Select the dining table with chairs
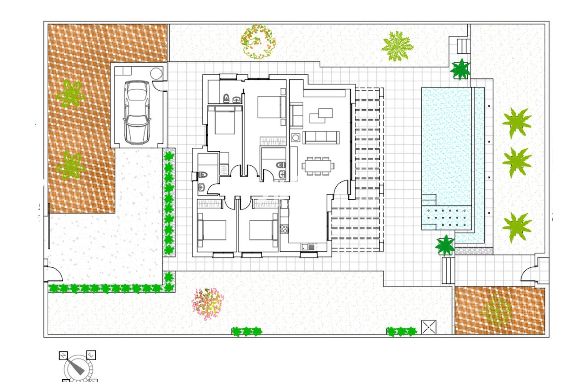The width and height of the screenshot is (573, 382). pos(318,166)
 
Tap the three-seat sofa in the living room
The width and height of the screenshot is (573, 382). pos(321,137)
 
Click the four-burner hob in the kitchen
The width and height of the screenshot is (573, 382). pos(284,229)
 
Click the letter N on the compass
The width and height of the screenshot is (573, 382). pos(63,356)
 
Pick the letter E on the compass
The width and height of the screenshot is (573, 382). pos(91,355)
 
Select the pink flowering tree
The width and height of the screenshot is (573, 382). pos(208,304)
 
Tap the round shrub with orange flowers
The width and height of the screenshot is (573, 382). pos(258,41)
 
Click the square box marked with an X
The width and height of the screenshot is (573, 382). pos(429,327)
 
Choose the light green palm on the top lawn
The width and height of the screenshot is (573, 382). pos(397,46)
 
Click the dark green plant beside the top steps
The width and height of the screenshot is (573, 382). pos(460,70)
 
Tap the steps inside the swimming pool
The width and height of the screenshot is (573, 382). pos(429,200)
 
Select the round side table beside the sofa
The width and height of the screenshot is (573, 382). pos(296,138)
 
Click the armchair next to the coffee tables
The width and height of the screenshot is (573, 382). pos(296,115)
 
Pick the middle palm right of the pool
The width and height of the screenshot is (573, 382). pos(517,162)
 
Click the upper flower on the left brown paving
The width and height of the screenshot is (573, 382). pos(71,93)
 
